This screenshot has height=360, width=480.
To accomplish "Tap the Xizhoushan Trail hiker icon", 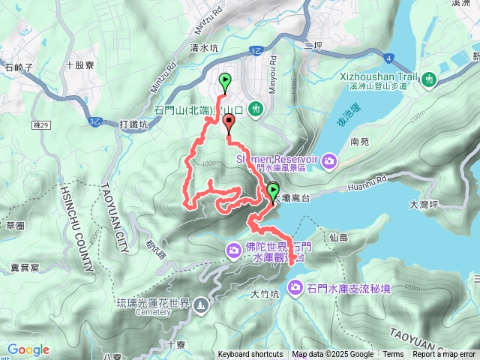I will click(x=429, y=78).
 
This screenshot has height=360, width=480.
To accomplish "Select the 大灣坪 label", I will click(x=424, y=203).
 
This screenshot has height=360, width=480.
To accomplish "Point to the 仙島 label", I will click(x=338, y=238).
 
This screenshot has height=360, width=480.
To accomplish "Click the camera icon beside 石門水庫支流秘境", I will click(x=295, y=287).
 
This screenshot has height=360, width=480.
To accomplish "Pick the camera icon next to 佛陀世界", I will click(x=234, y=248).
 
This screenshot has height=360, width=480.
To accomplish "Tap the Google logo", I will click(x=28, y=349).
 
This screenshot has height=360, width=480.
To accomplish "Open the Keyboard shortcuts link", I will click(x=250, y=355).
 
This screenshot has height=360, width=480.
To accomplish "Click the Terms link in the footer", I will click(x=393, y=355).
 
